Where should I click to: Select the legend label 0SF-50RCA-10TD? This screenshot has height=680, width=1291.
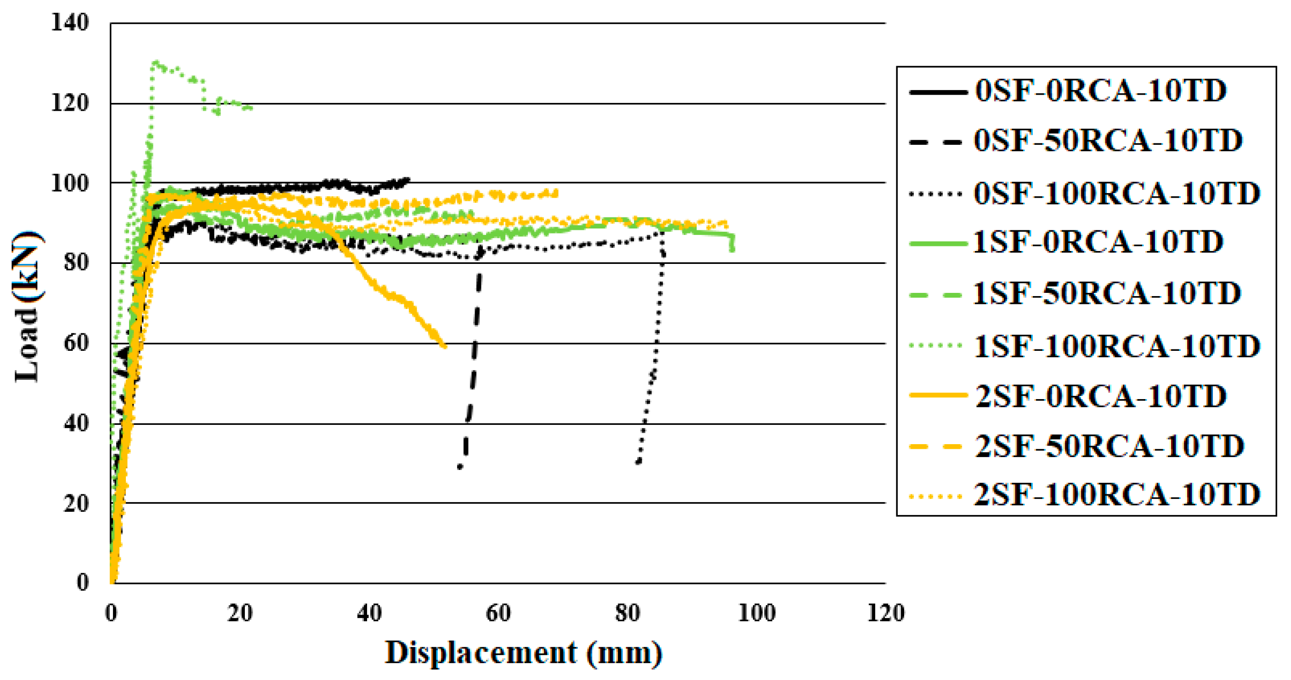click(1108, 140)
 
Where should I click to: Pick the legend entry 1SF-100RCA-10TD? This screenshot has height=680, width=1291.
click(1116, 346)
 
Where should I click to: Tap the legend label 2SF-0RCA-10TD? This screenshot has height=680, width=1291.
click(1100, 396)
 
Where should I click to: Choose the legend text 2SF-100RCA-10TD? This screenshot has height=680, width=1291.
click(1116, 495)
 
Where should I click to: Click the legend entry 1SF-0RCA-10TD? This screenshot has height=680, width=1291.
click(1098, 242)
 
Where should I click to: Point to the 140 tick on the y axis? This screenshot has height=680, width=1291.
click(70, 23)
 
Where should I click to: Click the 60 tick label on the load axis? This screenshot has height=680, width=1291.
click(76, 343)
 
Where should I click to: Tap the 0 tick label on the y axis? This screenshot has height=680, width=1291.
click(83, 583)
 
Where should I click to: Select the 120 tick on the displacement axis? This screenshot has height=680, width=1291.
click(886, 613)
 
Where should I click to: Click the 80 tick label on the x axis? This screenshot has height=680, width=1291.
click(627, 613)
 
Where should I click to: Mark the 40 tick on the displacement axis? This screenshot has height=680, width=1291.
click(369, 613)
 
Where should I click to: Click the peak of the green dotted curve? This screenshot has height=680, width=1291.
click(156, 63)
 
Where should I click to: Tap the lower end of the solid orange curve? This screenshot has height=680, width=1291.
click(445, 346)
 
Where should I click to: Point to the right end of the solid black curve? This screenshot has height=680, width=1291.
click(408, 179)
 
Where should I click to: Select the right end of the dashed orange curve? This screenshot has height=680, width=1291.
click(556, 193)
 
